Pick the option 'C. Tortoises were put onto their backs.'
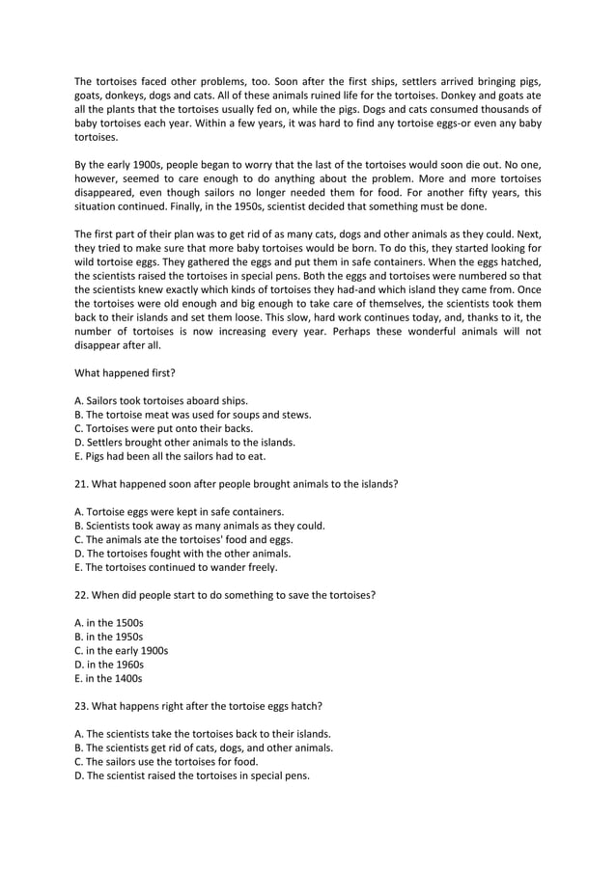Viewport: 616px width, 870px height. tap(165, 427)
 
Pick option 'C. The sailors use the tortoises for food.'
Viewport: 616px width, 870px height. tap(165, 761)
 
